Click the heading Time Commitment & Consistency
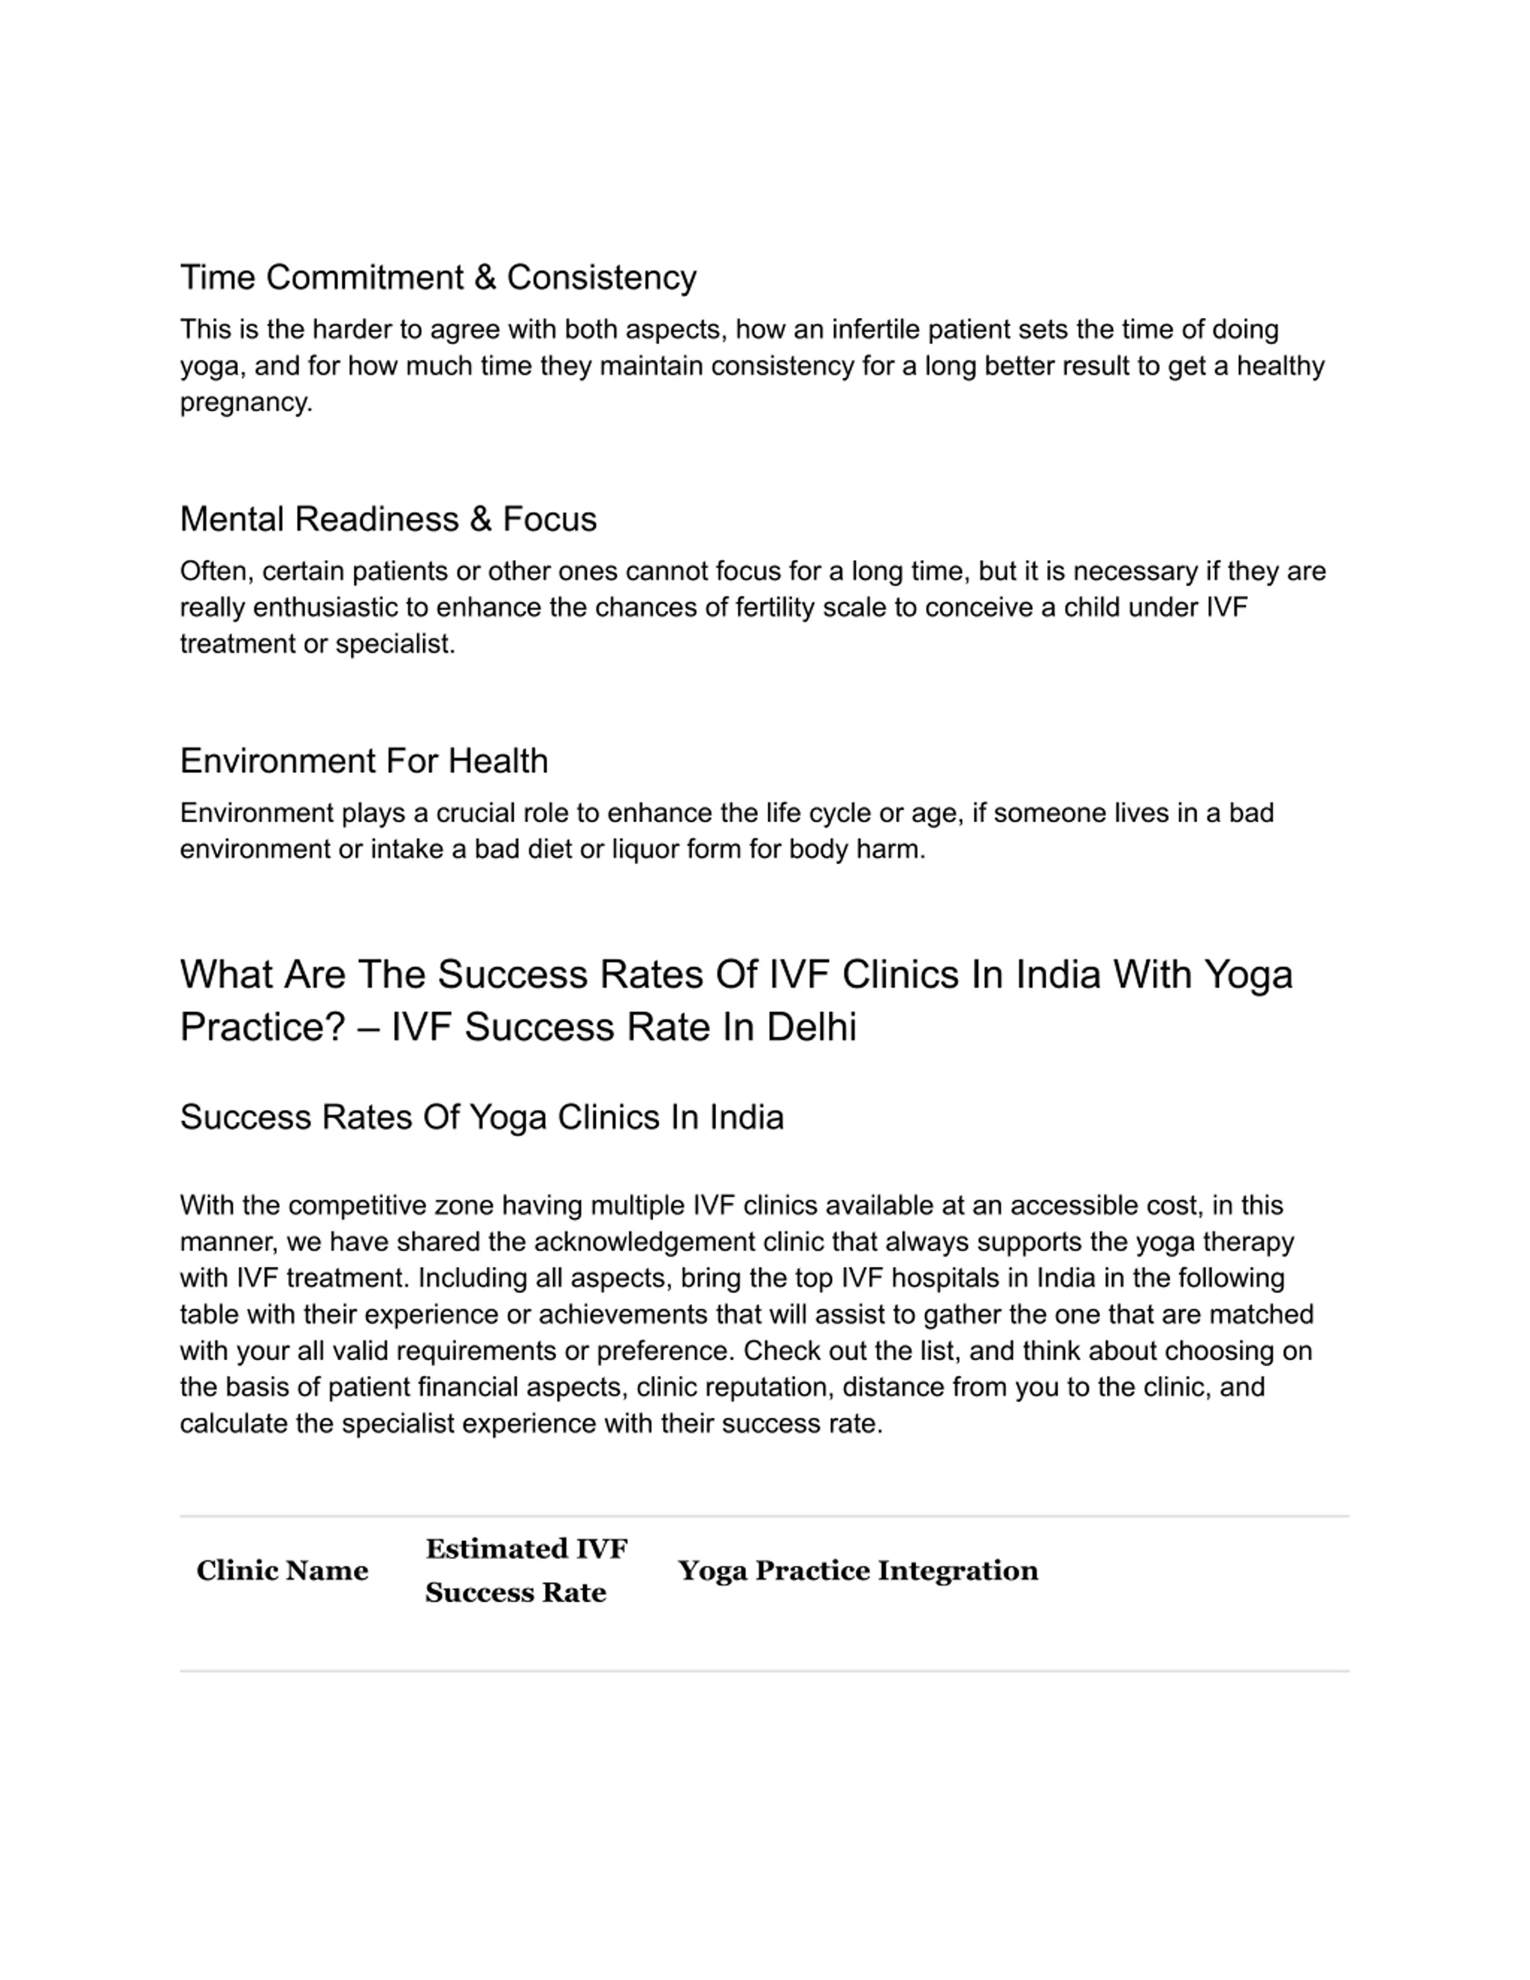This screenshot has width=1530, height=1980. coord(438,277)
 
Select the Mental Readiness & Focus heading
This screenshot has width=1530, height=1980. coord(388,519)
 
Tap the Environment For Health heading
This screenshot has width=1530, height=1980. coord(363,761)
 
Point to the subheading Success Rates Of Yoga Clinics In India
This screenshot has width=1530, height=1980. coord(481,1117)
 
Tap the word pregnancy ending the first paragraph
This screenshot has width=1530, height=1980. coord(244,403)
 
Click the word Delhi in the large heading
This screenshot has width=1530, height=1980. coord(811,1027)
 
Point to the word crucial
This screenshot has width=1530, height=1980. coord(479,813)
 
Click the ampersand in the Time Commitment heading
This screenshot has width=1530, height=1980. coord(484,277)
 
